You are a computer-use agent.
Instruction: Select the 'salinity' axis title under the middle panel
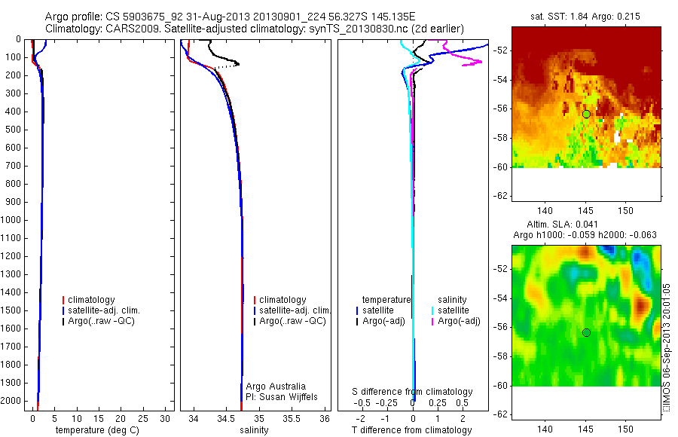tap(253, 430)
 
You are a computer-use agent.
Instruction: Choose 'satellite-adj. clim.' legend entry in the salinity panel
tap(295, 310)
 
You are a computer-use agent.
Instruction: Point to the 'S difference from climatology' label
tap(413, 392)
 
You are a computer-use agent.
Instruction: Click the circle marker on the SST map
tap(586, 114)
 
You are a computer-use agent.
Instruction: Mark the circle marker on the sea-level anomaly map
tap(586, 332)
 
